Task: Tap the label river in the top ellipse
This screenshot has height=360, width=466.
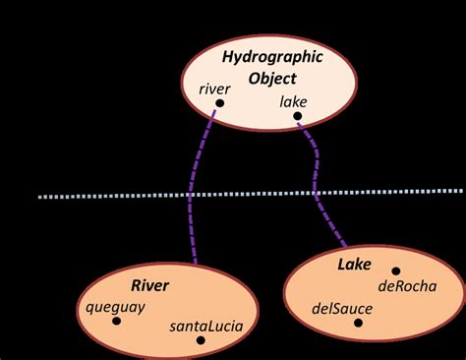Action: tap(214, 89)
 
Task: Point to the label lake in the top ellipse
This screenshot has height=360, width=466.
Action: tap(294, 100)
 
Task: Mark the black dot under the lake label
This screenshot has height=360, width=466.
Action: tap(297, 117)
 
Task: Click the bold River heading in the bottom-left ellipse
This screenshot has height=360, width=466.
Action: tap(150, 286)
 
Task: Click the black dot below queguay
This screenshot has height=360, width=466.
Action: tap(116, 321)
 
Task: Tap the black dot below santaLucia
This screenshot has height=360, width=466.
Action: tap(201, 340)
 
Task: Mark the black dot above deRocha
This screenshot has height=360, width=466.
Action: tap(396, 270)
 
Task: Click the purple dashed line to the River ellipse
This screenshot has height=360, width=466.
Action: tap(194, 197)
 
